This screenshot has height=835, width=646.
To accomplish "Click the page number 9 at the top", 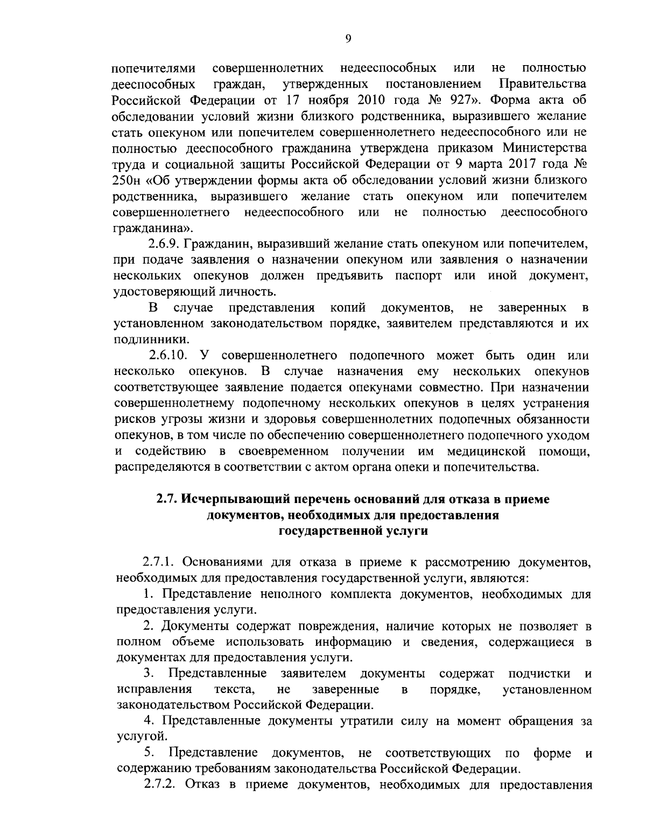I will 348,38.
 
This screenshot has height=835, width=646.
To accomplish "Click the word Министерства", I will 545,147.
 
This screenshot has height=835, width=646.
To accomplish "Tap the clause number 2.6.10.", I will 167,356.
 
